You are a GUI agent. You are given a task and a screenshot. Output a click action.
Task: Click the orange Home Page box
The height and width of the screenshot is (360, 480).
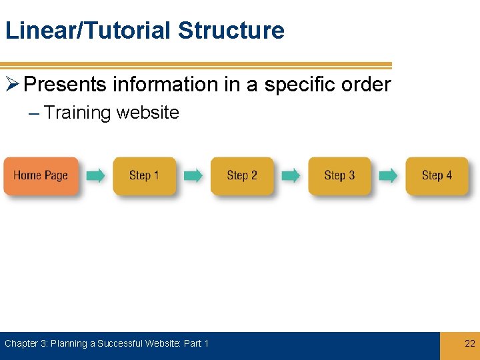point(41,175)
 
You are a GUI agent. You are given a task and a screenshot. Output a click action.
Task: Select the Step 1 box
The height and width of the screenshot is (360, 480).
point(144,175)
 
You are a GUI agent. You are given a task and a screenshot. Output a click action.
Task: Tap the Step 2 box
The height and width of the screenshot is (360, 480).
point(242,175)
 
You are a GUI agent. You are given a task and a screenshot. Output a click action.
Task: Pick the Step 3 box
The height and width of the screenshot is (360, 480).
point(339,175)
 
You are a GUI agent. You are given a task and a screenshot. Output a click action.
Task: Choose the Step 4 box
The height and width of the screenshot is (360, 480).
point(437,175)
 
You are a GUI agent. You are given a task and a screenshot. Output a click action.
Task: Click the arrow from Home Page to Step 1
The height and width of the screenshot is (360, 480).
point(96,175)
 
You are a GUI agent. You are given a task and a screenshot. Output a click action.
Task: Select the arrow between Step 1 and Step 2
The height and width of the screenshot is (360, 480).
point(193,175)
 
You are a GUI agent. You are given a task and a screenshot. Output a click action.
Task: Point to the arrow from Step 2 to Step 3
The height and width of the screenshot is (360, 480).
point(291,175)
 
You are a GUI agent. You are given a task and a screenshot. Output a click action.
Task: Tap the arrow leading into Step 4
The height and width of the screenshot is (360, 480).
point(388,175)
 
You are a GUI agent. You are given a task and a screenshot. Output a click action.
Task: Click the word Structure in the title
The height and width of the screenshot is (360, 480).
point(231,31)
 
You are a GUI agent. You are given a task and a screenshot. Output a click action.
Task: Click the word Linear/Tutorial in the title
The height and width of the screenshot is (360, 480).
point(88,31)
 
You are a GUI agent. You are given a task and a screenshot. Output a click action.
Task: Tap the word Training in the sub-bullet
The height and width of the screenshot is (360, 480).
point(77,113)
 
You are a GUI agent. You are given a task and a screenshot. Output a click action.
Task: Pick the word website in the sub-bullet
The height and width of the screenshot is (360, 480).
point(147,113)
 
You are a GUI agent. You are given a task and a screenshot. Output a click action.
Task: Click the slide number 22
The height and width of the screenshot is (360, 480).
point(469,343)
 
